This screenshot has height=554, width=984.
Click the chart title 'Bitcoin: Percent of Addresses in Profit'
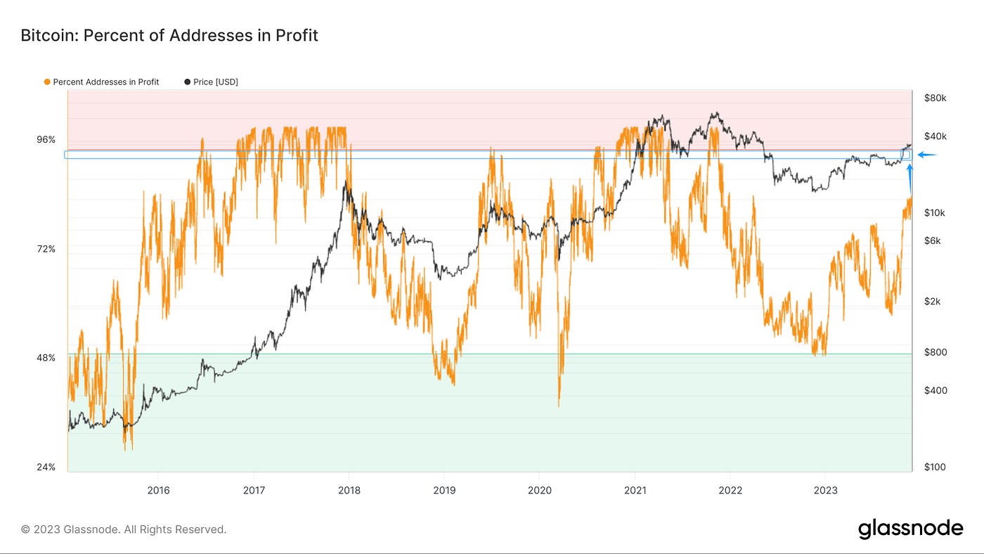pos(169,35)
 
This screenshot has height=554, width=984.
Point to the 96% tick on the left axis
pos(46,140)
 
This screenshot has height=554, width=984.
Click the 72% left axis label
pos(46,249)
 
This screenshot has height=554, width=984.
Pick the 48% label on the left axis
pos(46,358)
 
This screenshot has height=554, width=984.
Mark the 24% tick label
pos(46,467)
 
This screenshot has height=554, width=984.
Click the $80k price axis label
pos(935,98)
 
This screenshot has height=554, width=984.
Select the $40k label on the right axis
pos(935,136)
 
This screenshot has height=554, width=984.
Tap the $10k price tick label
pos(935,213)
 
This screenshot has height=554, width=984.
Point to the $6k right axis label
pos(932,241)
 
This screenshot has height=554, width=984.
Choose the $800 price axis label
pos(935,352)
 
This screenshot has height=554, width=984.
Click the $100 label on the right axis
pos(935,467)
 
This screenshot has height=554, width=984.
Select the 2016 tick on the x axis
pos(158,491)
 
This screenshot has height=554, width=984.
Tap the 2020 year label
pos(539,491)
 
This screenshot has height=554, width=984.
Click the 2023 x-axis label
pos(825,491)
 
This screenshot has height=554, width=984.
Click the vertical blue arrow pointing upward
pos(910,179)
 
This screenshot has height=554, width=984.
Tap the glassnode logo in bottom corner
pos(910,529)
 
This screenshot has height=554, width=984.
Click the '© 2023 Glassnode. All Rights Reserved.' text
pos(124,529)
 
